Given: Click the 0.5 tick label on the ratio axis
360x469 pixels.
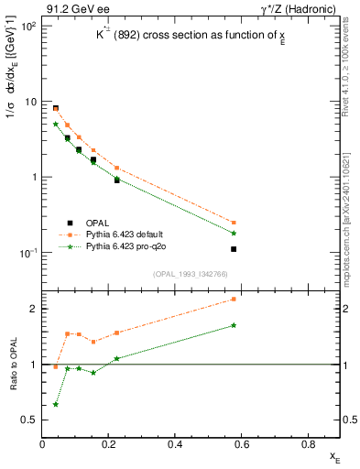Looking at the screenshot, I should point(30,420).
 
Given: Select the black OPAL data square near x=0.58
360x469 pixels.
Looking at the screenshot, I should point(234,249).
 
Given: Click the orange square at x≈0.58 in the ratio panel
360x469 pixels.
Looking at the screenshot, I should point(234,299).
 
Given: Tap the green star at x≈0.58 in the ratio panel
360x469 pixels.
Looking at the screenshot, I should point(234,325).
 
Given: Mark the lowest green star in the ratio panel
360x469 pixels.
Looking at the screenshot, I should point(56,404).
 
